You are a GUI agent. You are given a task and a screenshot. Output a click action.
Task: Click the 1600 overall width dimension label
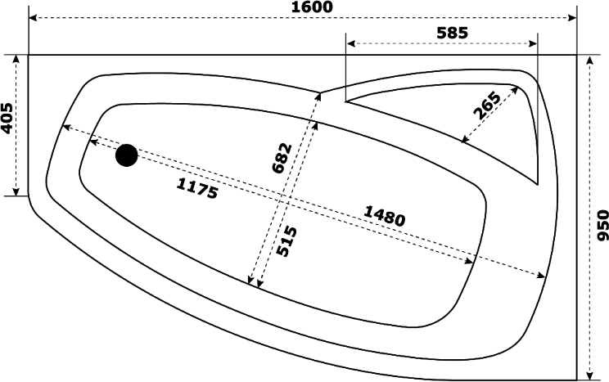pos(312,7)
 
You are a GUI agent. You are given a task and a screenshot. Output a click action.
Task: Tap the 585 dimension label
pos(452,33)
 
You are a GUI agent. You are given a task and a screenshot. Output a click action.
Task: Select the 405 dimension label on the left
pos(7,119)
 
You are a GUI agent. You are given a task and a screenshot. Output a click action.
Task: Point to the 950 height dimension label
pos(602,225)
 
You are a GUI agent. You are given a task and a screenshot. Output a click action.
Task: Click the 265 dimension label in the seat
pos(487,106)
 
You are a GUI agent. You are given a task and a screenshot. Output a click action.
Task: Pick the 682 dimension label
pos(282,158)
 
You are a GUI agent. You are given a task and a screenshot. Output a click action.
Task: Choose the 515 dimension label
pos(286,241)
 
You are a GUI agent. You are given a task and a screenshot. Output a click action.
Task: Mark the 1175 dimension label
pos(197,188)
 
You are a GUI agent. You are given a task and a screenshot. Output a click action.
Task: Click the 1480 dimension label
pos(385,216)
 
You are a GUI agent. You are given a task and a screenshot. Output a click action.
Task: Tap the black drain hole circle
pos(127,155)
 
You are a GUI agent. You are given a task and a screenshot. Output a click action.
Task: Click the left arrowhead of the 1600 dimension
pos(34,18)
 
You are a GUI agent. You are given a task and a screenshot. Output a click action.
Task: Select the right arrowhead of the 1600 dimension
pos(571,18)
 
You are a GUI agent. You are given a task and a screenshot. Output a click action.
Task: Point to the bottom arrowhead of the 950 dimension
pos(589,375)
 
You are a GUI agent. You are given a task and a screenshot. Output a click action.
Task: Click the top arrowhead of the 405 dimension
pos(16,60)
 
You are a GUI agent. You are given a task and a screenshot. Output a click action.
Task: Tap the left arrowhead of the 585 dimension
pos(351,43)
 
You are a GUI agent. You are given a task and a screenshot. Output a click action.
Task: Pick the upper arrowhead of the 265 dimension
pos(514,90)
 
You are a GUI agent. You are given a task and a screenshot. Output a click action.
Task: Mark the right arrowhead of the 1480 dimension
pos(540,275)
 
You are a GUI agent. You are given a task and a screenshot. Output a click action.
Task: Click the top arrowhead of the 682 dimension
pos(318,97)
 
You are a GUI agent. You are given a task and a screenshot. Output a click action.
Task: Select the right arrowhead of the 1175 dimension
pos(470,262)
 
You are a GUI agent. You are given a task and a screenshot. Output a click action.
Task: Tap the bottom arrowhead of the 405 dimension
pos(16,191)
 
